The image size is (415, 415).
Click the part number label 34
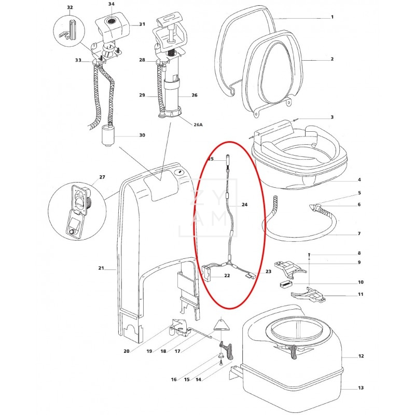pyautogui.click(x=111, y=4)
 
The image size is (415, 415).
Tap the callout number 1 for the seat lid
pyautogui.click(x=332, y=17)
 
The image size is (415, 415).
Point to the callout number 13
pyautogui.click(x=361, y=388)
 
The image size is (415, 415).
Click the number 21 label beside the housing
pyautogui.click(x=101, y=268)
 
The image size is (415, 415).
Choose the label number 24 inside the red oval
pyautogui.click(x=245, y=205)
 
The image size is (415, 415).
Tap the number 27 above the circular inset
pyautogui.click(x=102, y=177)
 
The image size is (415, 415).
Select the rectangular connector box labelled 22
pyautogui.click(x=208, y=272)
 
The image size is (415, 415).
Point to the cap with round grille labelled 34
pyautogui.click(x=111, y=21)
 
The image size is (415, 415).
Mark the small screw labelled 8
pyautogui.click(x=309, y=255)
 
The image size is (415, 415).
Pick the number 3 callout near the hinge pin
pyautogui.click(x=332, y=118)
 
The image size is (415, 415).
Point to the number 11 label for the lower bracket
pyautogui.click(x=361, y=295)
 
